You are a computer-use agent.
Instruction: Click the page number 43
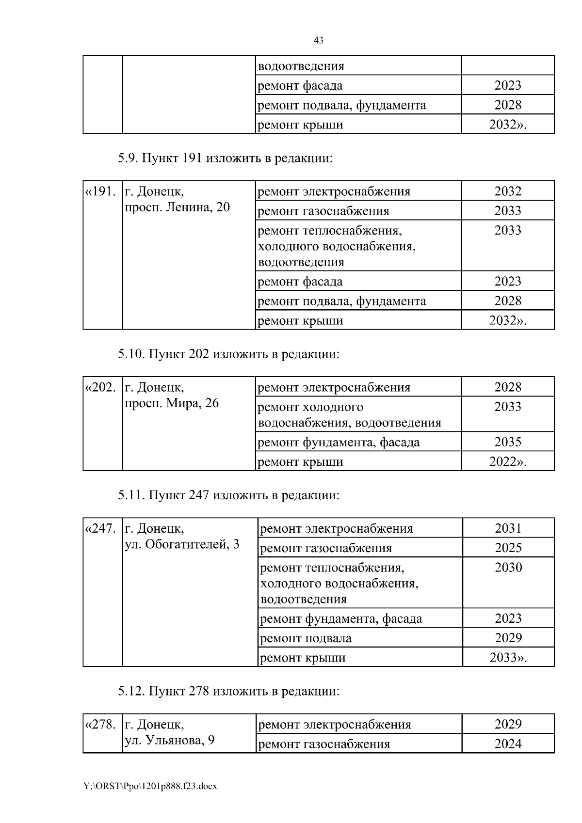pos(319,41)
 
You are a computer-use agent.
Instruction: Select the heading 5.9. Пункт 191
pos(225,158)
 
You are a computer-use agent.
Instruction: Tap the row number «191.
pos(101,191)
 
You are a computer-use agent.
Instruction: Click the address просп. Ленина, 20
pos(178,207)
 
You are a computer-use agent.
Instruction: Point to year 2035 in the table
pos(508,442)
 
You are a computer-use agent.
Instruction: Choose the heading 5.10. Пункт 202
pos(228,354)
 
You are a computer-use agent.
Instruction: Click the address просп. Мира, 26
pos(172,403)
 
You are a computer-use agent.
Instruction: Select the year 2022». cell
pos(508,461)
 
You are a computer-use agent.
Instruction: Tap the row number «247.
pos(101,529)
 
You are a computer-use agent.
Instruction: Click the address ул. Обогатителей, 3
pos(182,544)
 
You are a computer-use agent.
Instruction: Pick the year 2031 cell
pos(508,528)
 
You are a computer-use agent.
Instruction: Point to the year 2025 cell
pos(508,548)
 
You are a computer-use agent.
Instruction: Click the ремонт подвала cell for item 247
pos(306,638)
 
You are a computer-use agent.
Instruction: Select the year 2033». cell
pos(508,658)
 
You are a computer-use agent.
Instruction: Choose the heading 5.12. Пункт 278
pos(228,691)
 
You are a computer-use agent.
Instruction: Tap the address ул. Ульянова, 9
pos(170,741)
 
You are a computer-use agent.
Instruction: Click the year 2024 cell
pos(508,744)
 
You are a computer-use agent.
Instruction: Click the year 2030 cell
pos(508,568)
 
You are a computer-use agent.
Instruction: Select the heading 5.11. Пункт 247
pos(228,495)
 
